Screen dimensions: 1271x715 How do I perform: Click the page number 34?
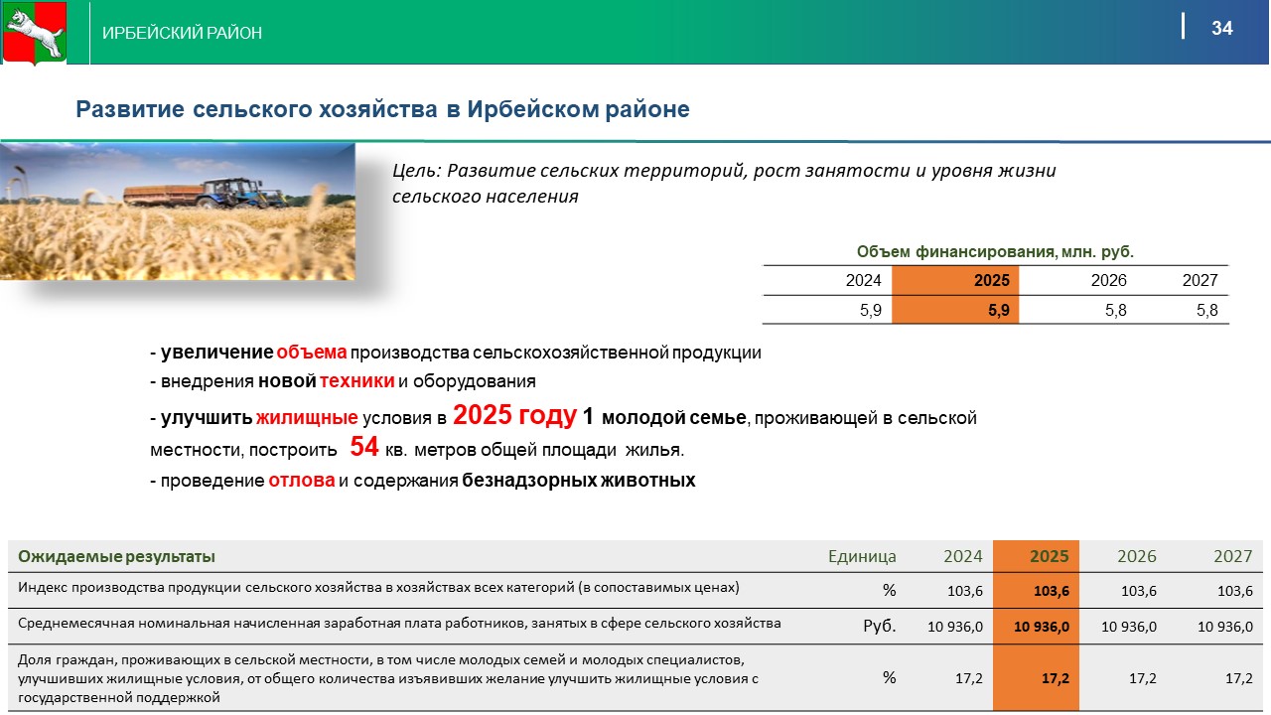point(1222,28)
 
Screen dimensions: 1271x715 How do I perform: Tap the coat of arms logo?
point(35,33)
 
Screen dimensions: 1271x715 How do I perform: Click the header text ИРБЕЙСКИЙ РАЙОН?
point(182,33)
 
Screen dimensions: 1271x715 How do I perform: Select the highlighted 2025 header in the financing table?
point(991,280)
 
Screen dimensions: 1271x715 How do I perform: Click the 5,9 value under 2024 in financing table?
point(871,311)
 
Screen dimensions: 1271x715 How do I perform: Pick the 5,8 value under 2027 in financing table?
point(1206,311)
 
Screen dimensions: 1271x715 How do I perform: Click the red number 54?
point(363,446)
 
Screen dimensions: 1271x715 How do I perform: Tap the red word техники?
point(356,380)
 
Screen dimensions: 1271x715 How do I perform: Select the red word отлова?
point(301,480)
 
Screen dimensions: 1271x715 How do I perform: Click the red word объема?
point(312,353)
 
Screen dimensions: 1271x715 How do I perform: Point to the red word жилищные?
point(307,418)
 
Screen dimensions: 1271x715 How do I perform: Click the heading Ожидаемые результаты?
point(116,556)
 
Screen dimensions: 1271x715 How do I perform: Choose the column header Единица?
point(862,556)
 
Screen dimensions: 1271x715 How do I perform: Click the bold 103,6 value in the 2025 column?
point(1051,591)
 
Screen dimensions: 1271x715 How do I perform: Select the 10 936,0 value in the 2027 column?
point(1225,627)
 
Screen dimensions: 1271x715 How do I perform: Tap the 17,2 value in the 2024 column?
point(968,678)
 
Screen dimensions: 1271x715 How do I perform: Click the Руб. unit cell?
point(880,626)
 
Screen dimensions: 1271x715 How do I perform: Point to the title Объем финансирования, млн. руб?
point(995,251)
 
